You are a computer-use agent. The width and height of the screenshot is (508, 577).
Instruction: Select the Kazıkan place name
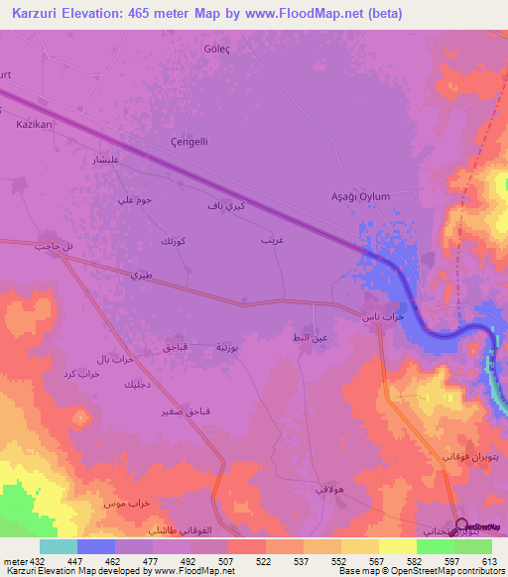click(x=34, y=125)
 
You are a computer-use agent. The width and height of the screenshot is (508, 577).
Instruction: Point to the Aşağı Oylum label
click(x=360, y=196)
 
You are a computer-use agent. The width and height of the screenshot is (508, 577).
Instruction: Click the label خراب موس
click(x=120, y=504)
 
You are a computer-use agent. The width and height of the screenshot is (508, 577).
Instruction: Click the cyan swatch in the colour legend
click(x=59, y=546)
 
